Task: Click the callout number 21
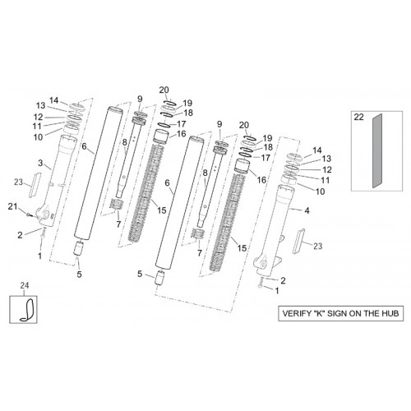click(12, 206)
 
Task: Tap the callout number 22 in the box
click(358, 117)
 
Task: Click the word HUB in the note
click(389, 313)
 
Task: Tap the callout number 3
click(40, 164)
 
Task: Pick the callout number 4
click(307, 210)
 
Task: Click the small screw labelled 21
click(28, 215)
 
